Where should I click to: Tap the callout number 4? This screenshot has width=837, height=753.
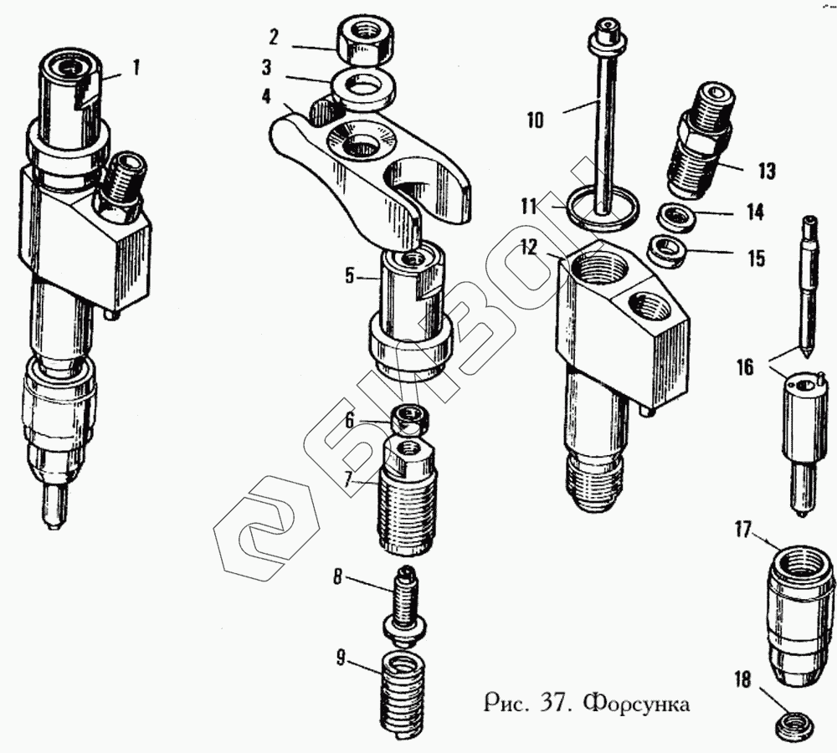click(266, 95)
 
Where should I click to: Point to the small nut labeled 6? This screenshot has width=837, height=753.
click(408, 416)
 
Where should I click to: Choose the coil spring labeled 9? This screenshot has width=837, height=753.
click(403, 692)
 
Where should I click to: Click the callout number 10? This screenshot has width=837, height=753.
click(535, 120)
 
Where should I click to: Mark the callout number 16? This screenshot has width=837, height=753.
click(746, 366)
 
